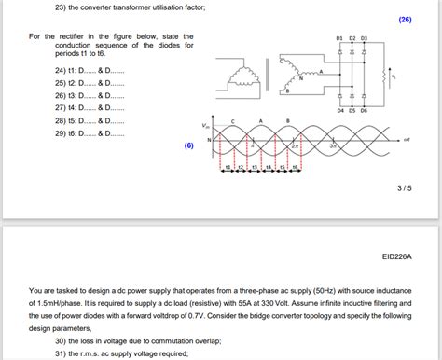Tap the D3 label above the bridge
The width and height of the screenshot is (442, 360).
click(364, 38)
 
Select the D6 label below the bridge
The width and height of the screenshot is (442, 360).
click(364, 110)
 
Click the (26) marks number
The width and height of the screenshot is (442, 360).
click(404, 19)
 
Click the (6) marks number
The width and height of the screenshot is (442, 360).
click(188, 145)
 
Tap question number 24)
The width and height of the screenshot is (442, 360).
click(61, 70)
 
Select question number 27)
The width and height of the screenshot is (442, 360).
click(61, 108)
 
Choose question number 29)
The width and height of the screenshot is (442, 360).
click(61, 133)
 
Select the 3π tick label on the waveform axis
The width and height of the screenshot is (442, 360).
click(333, 146)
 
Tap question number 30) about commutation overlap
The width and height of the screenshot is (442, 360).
click(61, 340)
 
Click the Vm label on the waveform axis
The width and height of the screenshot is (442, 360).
click(206, 124)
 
